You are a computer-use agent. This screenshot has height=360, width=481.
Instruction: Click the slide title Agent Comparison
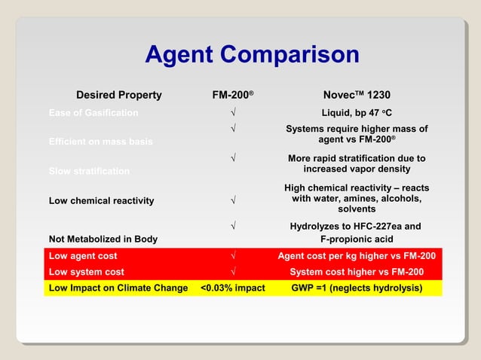coord(252,55)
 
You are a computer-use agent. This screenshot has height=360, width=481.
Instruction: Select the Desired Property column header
coord(118,95)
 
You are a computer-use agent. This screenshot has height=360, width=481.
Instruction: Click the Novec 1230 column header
coord(356,95)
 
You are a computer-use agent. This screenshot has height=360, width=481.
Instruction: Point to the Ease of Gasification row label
coord(93,113)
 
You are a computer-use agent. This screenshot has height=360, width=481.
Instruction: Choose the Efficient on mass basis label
coord(100,142)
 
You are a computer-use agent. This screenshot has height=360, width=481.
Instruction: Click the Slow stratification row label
coord(89,172)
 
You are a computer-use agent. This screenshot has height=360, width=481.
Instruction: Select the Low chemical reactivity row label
coord(101,200)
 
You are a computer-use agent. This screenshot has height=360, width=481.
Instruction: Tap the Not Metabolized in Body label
coord(103,239)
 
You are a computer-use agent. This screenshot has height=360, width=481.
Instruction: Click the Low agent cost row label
coord(83,256)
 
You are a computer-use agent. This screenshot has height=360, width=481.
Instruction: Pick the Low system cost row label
coord(86,272)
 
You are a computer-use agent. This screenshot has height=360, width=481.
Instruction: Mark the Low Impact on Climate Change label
coord(118,288)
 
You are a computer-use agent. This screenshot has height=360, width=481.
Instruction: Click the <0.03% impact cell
coord(233,288)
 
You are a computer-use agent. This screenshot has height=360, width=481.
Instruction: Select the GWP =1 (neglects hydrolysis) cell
coord(357,288)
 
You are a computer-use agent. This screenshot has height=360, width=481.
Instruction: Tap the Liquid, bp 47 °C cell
coord(357,113)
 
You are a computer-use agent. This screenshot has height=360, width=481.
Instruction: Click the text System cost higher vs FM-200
coord(357,272)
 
